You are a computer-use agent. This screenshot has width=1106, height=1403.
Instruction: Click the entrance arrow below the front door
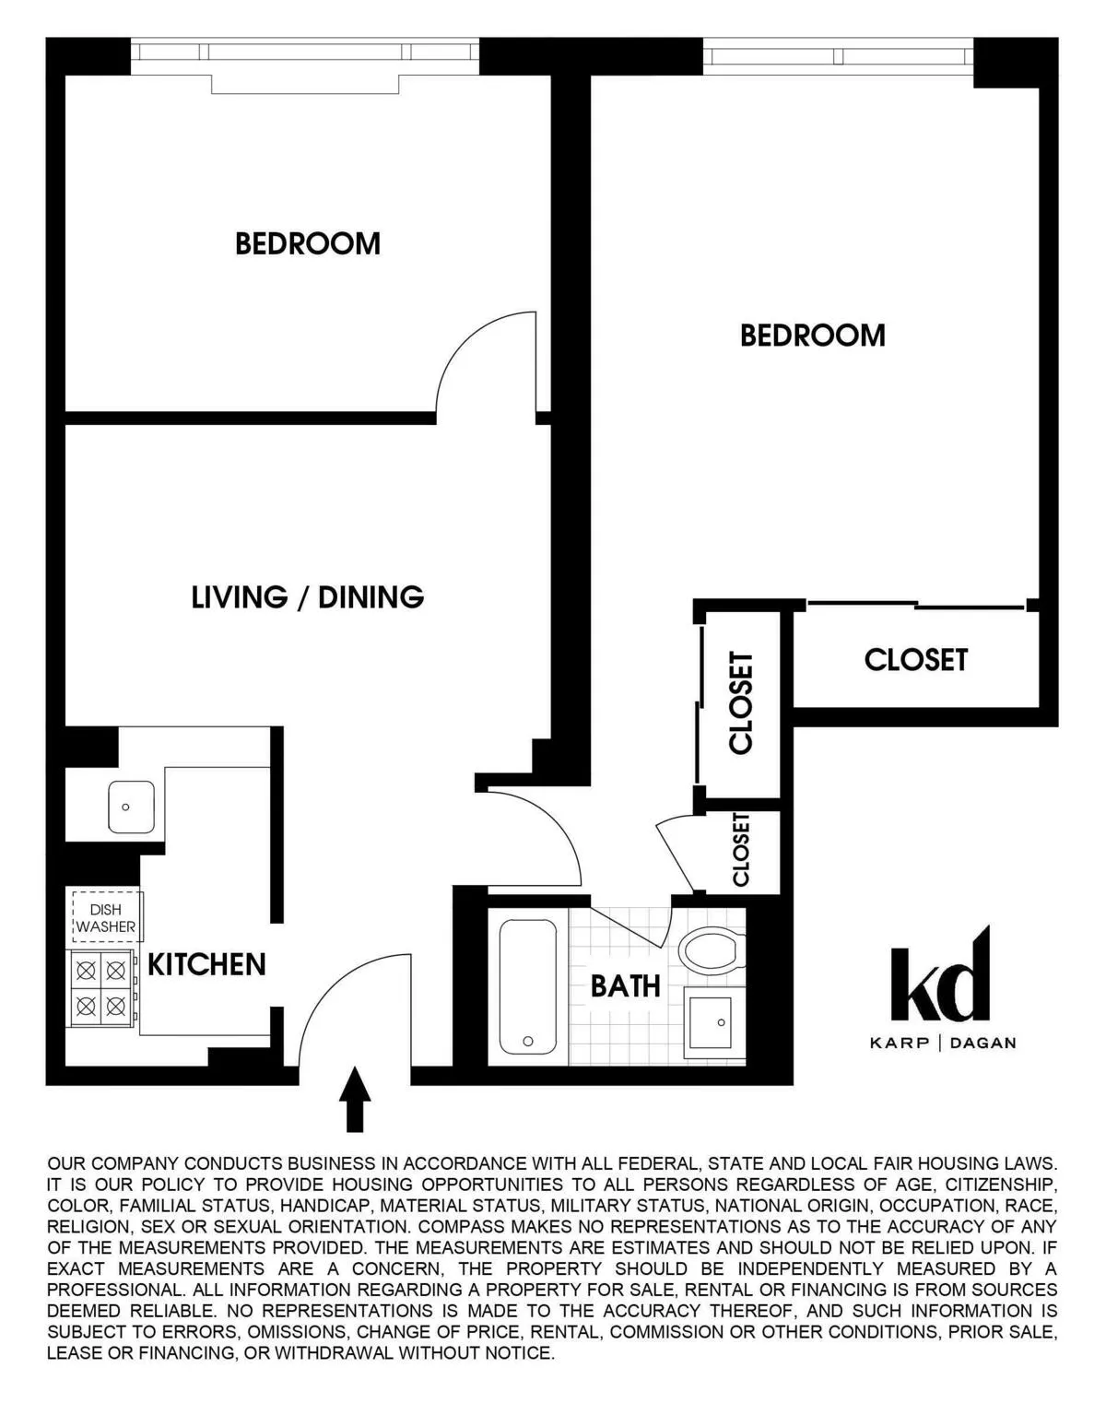pos(354,1099)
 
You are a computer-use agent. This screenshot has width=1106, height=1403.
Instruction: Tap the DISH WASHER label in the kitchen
pos(105,918)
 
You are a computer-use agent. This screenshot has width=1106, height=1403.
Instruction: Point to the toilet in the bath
pos(711,949)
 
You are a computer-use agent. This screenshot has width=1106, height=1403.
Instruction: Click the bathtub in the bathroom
pos(527,986)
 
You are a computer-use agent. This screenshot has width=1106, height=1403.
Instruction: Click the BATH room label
pos(625,986)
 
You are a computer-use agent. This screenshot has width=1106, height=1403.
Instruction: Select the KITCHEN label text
pos(206,964)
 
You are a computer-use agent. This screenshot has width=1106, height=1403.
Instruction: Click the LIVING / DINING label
pos(307,597)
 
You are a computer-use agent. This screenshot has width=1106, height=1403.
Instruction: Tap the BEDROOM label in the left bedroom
pos(307,243)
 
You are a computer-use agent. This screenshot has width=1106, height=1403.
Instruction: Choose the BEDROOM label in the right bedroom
pos(812,335)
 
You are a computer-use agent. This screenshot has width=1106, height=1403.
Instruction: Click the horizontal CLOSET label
pos(915,660)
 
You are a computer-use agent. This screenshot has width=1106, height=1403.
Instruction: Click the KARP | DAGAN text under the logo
pos(942,1043)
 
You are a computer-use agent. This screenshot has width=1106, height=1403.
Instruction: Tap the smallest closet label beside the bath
pos(740,850)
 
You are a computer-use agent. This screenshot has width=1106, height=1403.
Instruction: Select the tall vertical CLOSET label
pos(741,703)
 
